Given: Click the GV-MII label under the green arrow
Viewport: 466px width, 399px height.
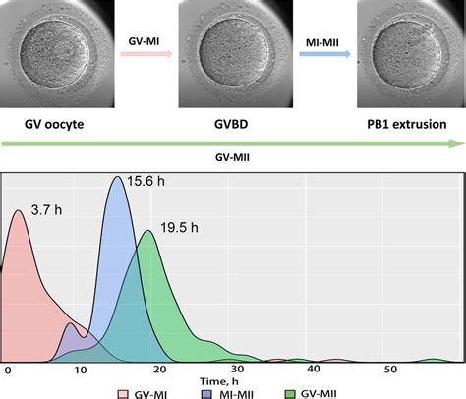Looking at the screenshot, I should point(232,156).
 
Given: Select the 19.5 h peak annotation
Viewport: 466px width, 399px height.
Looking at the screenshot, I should point(179,227).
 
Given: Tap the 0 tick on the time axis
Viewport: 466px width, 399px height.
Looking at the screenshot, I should point(7,370).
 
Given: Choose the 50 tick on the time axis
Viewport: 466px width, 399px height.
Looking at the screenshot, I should point(391,370).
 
